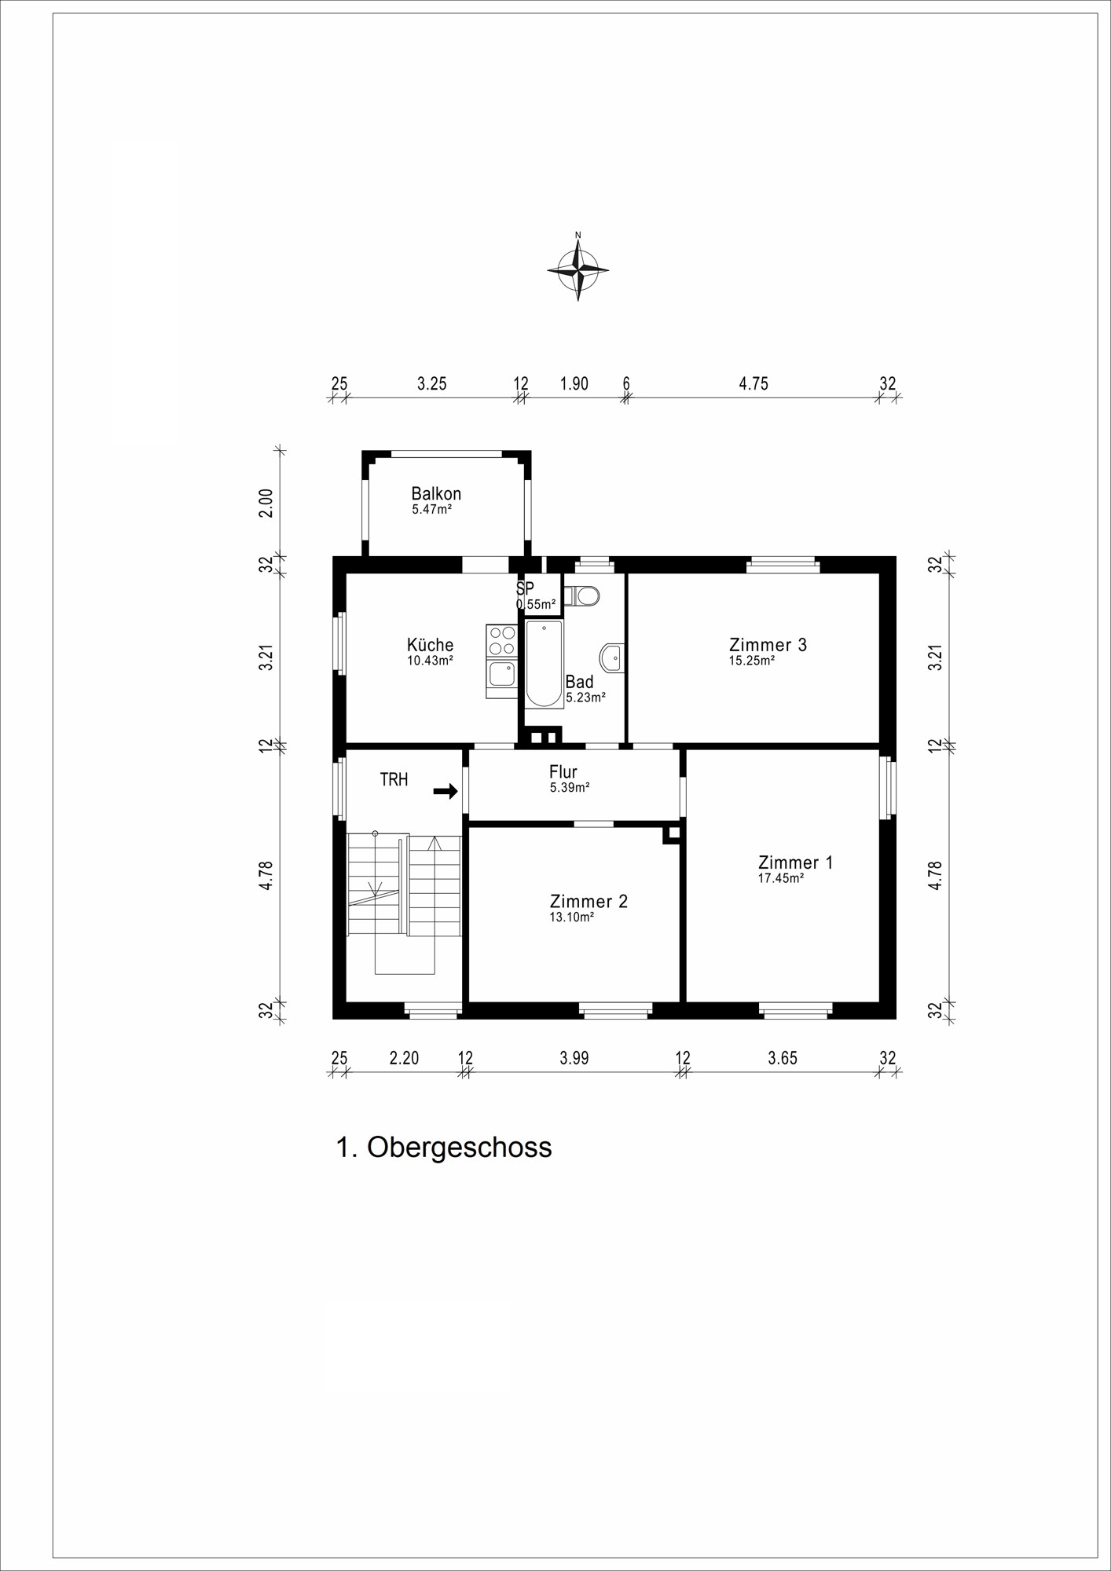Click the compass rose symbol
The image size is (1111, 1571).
[578, 269]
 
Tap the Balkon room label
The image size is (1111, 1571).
[436, 494]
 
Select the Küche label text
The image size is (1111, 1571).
[430, 645]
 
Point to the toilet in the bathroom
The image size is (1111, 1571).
[583, 596]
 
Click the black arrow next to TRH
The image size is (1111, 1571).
[445, 791]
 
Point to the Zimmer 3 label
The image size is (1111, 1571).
[768, 645]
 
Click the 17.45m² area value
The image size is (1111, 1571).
[780, 878]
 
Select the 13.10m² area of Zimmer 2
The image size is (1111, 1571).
[571, 917]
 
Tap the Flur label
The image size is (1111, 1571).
[563, 772]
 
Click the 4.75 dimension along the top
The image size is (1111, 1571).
[753, 384]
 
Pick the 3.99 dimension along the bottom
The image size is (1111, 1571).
[574, 1058]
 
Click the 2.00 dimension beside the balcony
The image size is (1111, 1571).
[267, 503]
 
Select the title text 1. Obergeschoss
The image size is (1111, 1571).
[444, 1148]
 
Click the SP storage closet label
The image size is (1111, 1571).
[525, 588]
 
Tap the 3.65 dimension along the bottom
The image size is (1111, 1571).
[783, 1058]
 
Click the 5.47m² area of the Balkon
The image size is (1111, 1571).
[431, 509]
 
